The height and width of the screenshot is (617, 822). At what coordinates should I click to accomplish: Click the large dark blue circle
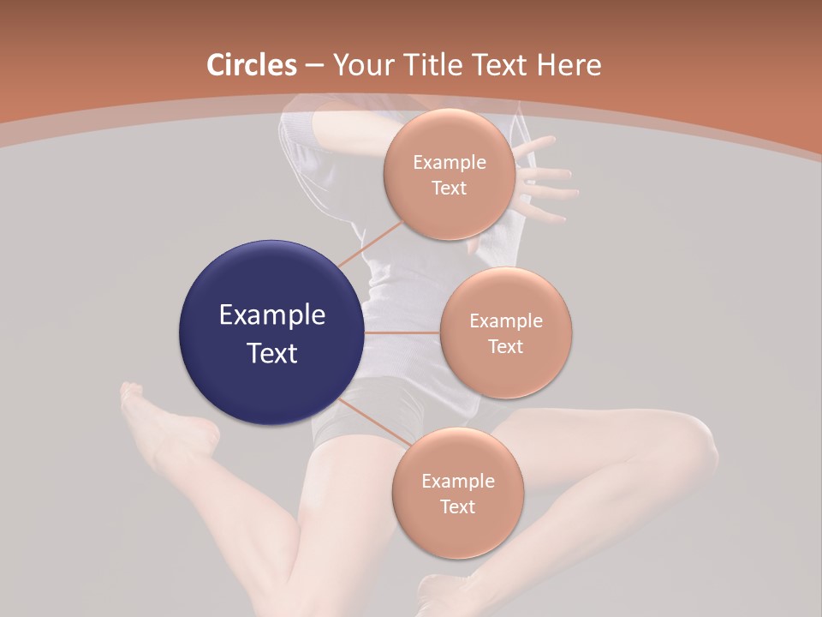click(x=271, y=332)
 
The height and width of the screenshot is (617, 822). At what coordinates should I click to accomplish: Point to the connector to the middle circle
click(x=402, y=332)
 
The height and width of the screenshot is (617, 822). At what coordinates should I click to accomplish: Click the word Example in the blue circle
click(x=272, y=315)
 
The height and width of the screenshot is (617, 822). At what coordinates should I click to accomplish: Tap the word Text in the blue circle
click(x=272, y=353)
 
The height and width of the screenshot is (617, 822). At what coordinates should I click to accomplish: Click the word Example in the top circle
click(x=450, y=163)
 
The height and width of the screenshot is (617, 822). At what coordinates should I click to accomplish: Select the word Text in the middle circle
click(x=505, y=347)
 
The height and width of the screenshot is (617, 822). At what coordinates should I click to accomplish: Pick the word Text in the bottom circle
click(x=457, y=507)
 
